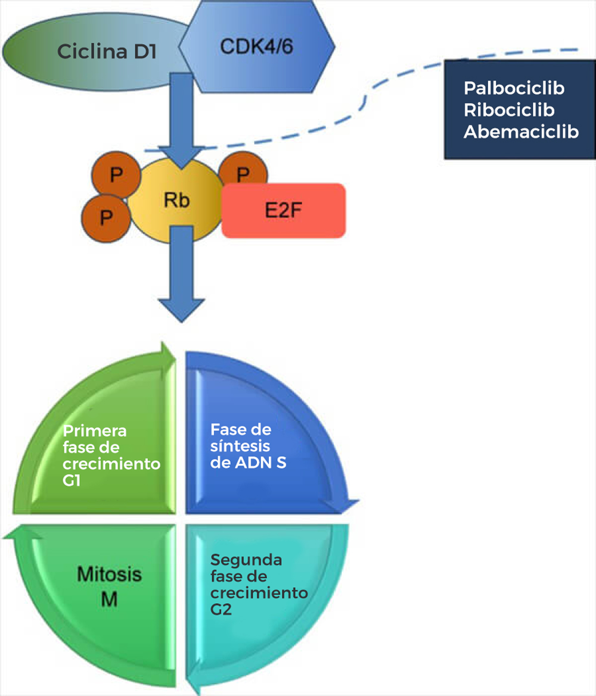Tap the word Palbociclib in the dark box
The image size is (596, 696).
tap(514, 89)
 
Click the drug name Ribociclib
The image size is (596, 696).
tap(509, 110)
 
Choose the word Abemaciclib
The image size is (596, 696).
tap(521, 132)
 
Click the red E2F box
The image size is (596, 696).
tap(284, 211)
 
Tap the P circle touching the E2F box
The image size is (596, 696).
tap(243, 174)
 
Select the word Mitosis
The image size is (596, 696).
tap(110, 575)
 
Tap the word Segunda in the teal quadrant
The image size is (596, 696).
tap(238, 561)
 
